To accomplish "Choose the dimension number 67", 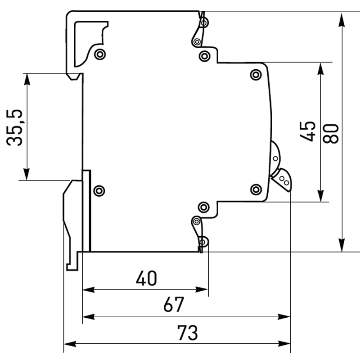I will coord(174,306).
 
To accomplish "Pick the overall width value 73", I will coord(187,333).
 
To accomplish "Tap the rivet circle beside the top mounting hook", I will coord(100,54).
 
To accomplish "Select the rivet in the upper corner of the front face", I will coord(256,74).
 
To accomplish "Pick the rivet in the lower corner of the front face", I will coord(256,189).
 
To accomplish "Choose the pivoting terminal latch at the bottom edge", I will coord(200,231).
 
